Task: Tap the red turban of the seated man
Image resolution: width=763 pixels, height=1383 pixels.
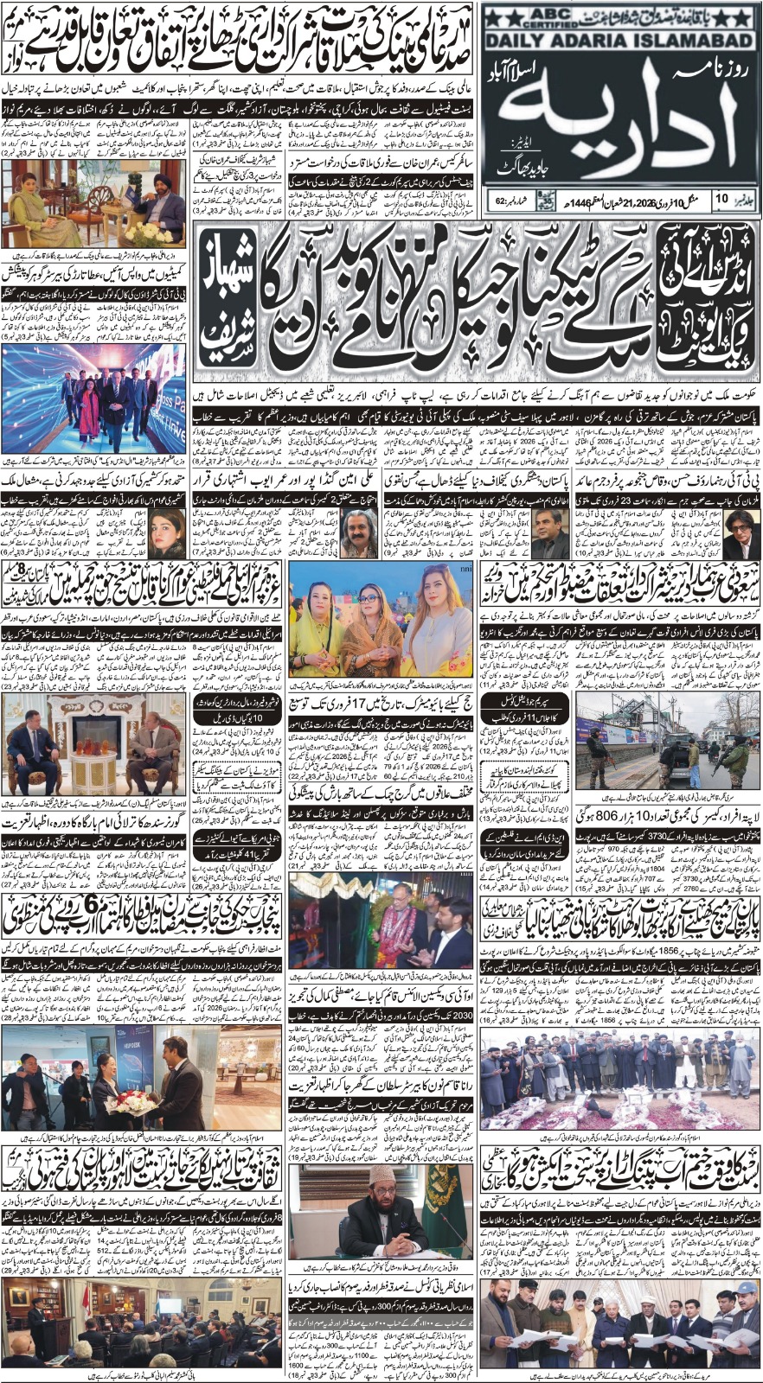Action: click(x=162, y=184)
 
